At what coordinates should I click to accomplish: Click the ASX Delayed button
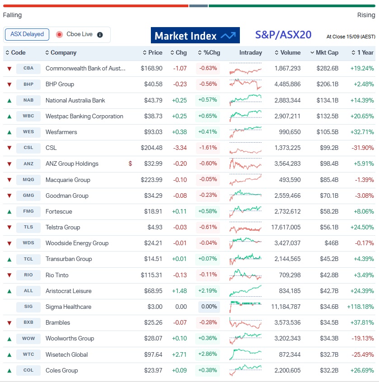point(27,34)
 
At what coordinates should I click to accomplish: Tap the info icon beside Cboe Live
point(100,35)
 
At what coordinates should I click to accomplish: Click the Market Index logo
point(195,36)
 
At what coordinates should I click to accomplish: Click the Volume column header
point(287,53)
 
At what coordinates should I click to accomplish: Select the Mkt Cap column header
point(324,53)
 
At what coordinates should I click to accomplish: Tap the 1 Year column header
point(363,53)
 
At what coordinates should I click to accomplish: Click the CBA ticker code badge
point(28,69)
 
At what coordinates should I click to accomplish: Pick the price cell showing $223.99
point(151,180)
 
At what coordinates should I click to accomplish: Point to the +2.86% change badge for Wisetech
point(208,354)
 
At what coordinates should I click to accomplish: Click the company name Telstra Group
point(63,227)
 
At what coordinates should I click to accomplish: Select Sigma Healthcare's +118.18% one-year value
point(360,307)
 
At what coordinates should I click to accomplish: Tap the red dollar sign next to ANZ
point(130,163)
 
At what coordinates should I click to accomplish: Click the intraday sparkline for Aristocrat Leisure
point(245,291)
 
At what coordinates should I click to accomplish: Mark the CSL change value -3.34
point(180,148)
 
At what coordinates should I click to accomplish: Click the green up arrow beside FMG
point(9,211)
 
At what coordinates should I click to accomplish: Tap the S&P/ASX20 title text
point(283,35)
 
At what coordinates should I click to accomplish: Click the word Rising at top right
point(366,15)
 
